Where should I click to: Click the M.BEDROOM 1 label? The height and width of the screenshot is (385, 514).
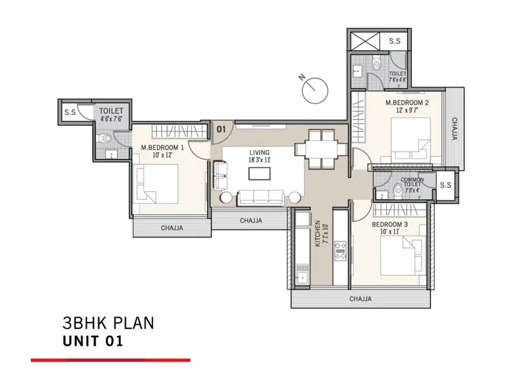tap(163, 151)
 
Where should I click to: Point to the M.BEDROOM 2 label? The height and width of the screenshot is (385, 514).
tap(407, 106)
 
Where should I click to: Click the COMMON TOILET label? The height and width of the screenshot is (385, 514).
tap(412, 185)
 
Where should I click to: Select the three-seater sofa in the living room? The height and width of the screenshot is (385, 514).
tap(260, 196)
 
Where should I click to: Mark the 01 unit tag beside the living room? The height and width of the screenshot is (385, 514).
tap(220, 128)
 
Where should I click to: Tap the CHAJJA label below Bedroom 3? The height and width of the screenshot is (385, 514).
tap(360, 299)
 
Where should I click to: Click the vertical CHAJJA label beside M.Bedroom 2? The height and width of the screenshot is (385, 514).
tap(454, 128)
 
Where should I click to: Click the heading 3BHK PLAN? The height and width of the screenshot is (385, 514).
tap(108, 323)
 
